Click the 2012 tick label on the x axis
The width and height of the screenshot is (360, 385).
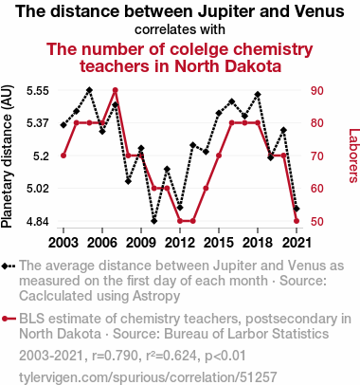[x=180, y=243]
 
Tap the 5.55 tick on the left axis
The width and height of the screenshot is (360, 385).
[x=38, y=91]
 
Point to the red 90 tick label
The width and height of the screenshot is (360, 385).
[x=316, y=91]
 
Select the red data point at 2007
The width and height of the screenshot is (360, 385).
[x=116, y=90]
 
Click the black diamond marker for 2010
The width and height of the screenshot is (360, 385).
[x=153, y=221]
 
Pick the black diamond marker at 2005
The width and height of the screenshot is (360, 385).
[x=89, y=90]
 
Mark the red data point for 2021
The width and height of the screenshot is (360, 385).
[x=297, y=221]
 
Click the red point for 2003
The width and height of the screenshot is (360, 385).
[x=63, y=156]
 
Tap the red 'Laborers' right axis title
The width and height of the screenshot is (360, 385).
[x=354, y=156]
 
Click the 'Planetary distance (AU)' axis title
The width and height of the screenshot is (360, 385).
[x=7, y=156]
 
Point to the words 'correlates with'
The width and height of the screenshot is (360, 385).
[x=180, y=29]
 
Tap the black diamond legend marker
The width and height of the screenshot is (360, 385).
[x=9, y=266]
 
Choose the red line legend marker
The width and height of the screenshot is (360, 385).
[x=9, y=319]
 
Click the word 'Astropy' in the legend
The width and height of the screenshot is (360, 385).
[x=156, y=296]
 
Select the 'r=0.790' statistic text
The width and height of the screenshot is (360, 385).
[x=115, y=356]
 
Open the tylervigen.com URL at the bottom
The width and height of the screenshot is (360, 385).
[x=148, y=377]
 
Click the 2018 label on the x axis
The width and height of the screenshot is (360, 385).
[x=258, y=243]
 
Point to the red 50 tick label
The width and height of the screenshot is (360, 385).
[x=316, y=221]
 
